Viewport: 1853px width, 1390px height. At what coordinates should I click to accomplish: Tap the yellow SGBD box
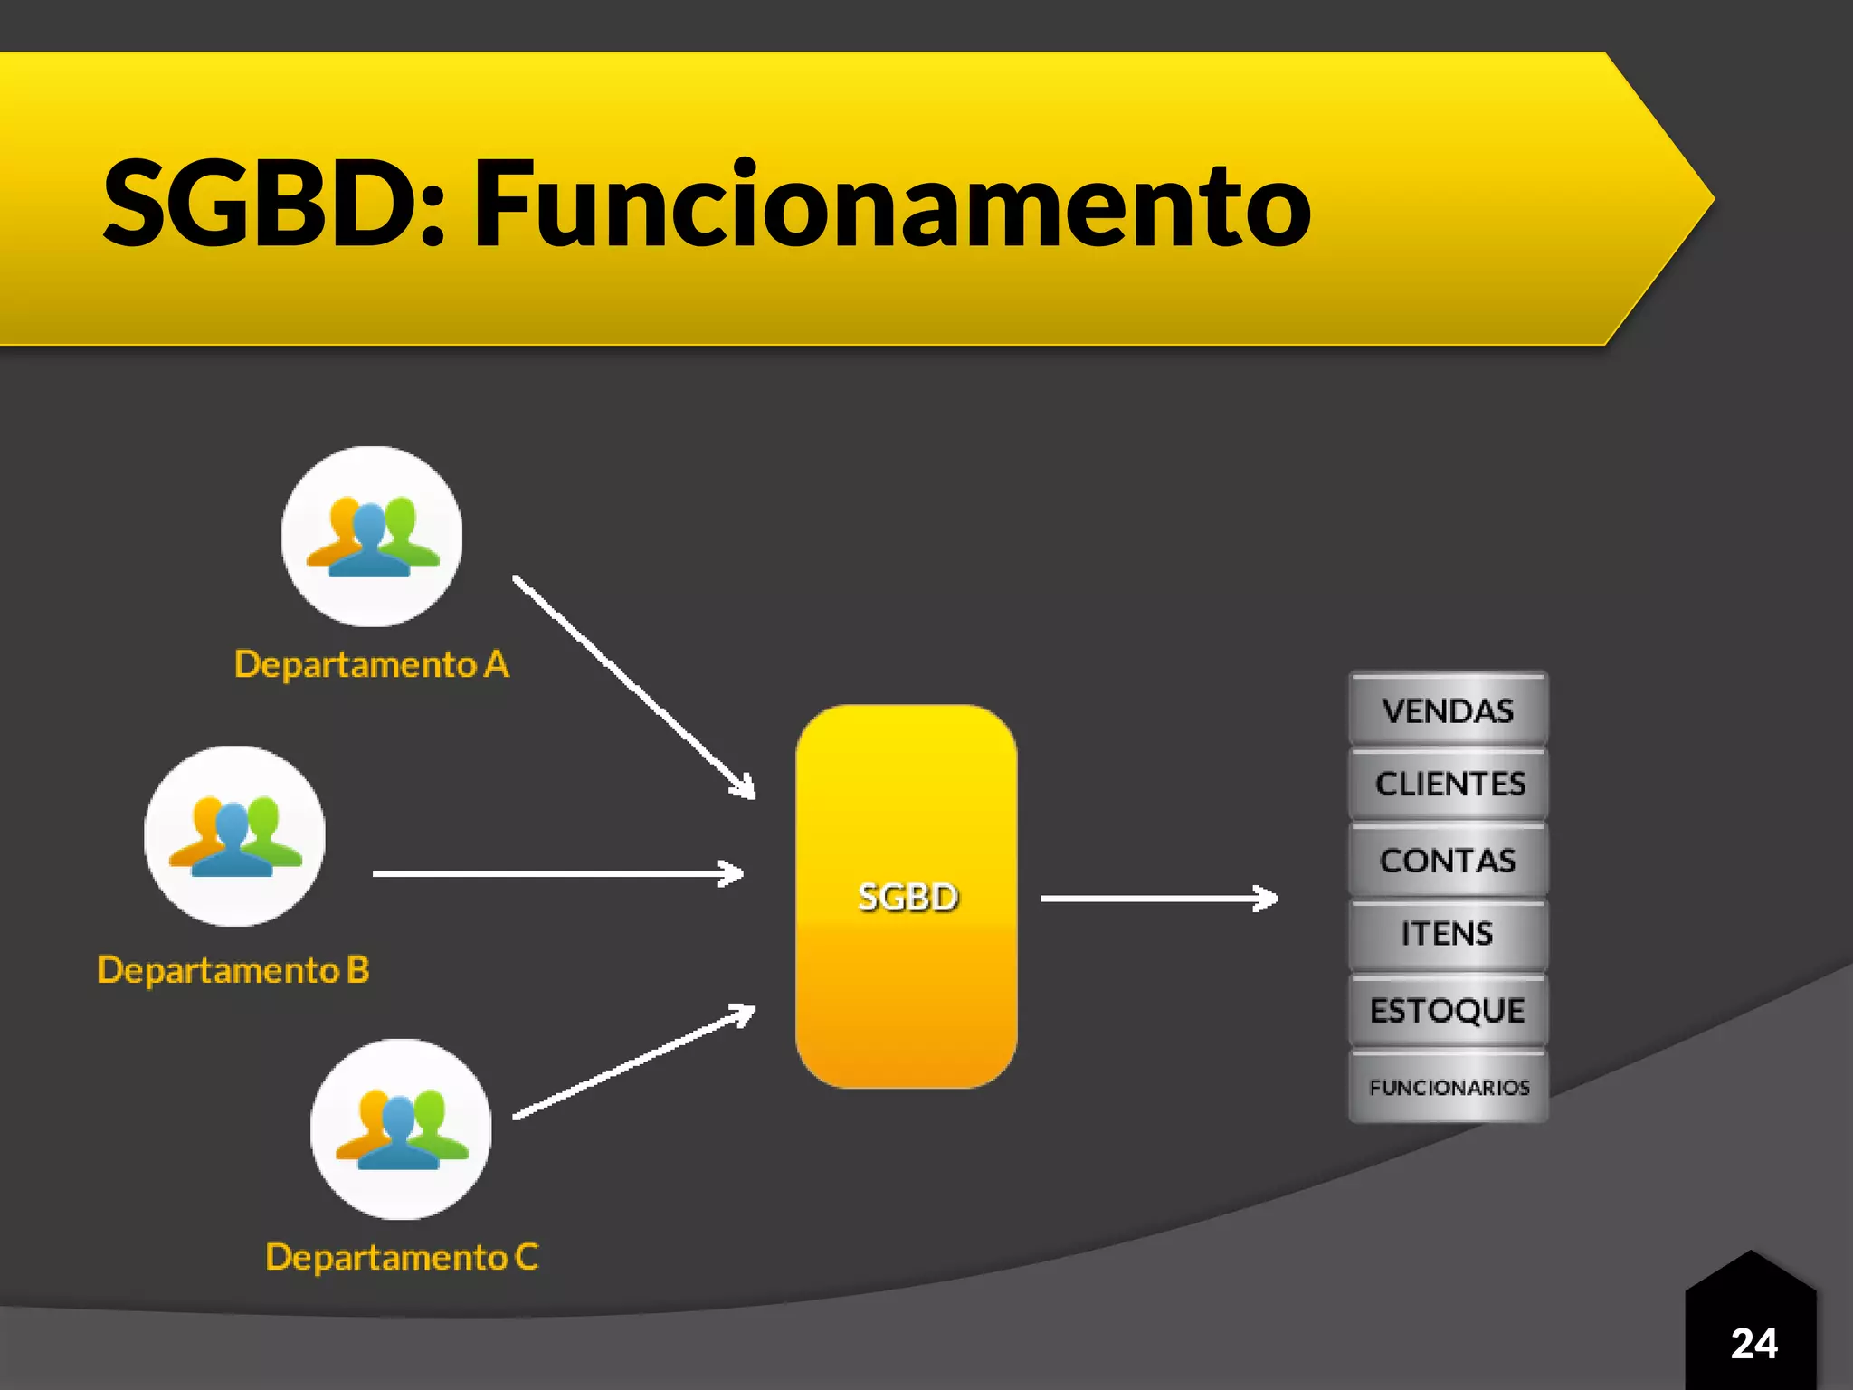click(x=907, y=896)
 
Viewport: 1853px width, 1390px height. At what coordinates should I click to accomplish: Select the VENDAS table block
click(x=1448, y=710)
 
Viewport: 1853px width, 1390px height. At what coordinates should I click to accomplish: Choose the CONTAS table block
click(x=1448, y=860)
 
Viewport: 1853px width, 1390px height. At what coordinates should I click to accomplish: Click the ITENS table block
click(x=1448, y=934)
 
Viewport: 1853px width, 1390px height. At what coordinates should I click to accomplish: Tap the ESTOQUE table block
click(x=1448, y=1010)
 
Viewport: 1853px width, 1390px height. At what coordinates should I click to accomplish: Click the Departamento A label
click(x=372, y=664)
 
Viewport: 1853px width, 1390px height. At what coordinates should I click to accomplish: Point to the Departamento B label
click(x=233, y=970)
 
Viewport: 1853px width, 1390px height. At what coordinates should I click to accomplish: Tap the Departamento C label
click(x=402, y=1257)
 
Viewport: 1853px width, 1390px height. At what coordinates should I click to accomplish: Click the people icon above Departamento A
click(x=372, y=536)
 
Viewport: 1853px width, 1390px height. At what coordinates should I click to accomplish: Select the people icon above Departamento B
click(x=234, y=835)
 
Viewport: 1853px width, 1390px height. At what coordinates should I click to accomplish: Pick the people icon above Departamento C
click(x=401, y=1128)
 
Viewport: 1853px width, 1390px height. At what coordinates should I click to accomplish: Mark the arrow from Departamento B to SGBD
click(x=557, y=873)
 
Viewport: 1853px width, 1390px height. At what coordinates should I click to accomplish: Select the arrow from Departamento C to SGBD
click(x=633, y=1063)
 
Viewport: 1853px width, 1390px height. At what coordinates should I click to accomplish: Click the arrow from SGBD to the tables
click(x=1158, y=898)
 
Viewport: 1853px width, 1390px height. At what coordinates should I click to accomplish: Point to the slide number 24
click(x=1753, y=1344)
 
